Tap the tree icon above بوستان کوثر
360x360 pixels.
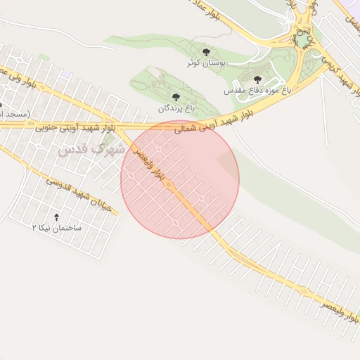[206, 53]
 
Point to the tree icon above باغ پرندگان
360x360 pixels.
[175, 97]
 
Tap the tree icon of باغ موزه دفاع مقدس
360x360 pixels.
[257, 79]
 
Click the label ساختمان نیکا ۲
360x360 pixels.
[57, 229]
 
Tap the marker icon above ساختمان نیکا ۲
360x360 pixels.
[57, 217]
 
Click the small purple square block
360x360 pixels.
[65, 73]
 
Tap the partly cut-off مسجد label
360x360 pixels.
[11, 113]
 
